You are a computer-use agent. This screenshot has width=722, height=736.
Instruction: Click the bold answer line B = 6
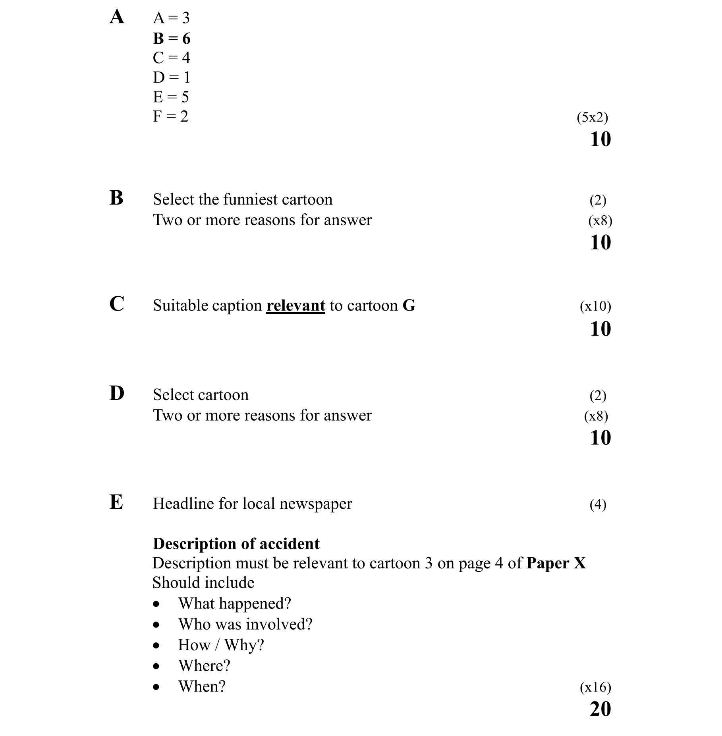[x=172, y=39]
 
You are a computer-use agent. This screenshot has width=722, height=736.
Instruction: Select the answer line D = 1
[x=172, y=77]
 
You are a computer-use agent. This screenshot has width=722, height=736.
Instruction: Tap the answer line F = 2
[x=170, y=116]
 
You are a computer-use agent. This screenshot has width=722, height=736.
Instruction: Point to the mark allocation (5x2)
[x=592, y=117]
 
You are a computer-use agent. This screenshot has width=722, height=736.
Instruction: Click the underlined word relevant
[x=295, y=305]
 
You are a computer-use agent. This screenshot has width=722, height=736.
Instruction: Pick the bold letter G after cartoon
[x=409, y=305]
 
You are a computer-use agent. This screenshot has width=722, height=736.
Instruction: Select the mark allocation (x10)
[x=595, y=306]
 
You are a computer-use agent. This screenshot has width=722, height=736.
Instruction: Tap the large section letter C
[x=117, y=304]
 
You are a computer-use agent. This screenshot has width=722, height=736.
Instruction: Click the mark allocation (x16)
[x=595, y=687]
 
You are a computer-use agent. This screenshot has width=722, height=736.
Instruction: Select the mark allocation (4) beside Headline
[x=598, y=504]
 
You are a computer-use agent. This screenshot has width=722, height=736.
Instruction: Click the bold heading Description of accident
[x=236, y=544]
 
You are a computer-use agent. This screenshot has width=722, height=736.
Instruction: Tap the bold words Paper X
[x=556, y=563]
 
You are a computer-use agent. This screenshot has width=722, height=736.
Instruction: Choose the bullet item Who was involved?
[x=245, y=624]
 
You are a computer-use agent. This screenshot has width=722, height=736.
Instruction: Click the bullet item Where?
[x=204, y=666]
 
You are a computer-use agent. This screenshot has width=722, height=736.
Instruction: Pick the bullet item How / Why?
[x=221, y=645]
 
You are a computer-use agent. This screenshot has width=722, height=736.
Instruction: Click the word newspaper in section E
[x=315, y=504]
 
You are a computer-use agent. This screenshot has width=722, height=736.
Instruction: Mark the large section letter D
[x=117, y=393]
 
